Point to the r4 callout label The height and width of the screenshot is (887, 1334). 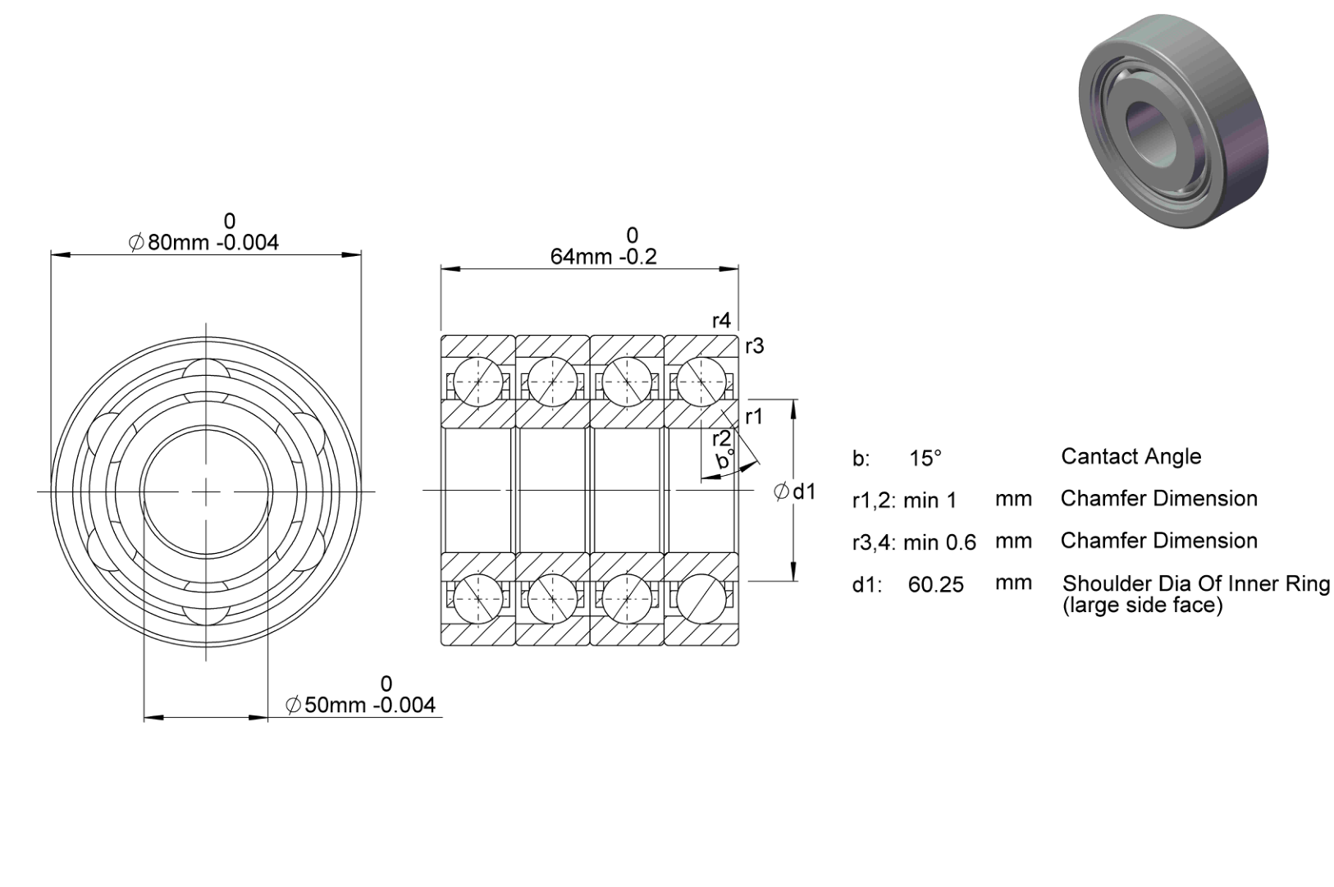coord(721,321)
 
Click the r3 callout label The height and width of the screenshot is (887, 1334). coord(755,346)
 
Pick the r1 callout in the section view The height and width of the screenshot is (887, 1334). coord(754,417)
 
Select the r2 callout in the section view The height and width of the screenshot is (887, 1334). coord(721,439)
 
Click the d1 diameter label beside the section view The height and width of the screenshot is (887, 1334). coord(794,492)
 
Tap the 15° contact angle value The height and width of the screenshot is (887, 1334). coord(925,458)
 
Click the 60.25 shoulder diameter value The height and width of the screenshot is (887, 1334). coord(935,585)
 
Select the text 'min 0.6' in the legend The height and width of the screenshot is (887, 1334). coord(939,542)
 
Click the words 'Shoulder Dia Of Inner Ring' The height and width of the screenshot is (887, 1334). coord(1196,583)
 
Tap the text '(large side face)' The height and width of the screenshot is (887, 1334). coord(1143,606)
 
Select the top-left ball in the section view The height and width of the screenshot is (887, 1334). coord(478,382)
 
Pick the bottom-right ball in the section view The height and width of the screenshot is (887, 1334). coord(701,599)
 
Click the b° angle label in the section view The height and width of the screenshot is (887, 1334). coord(725,460)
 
